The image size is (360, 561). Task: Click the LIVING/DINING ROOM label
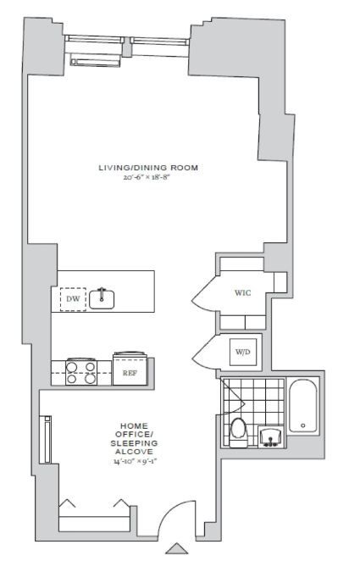(x=148, y=168)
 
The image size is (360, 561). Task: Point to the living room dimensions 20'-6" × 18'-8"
(x=148, y=178)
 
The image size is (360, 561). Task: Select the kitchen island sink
(x=102, y=297)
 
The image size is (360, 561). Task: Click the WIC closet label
(x=243, y=293)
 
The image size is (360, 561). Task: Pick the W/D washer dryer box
(x=243, y=351)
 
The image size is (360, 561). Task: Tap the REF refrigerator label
(x=130, y=371)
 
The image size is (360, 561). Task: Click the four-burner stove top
(x=81, y=372)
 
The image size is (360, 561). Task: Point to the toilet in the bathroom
(x=238, y=430)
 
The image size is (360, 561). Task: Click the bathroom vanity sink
(x=269, y=436)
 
